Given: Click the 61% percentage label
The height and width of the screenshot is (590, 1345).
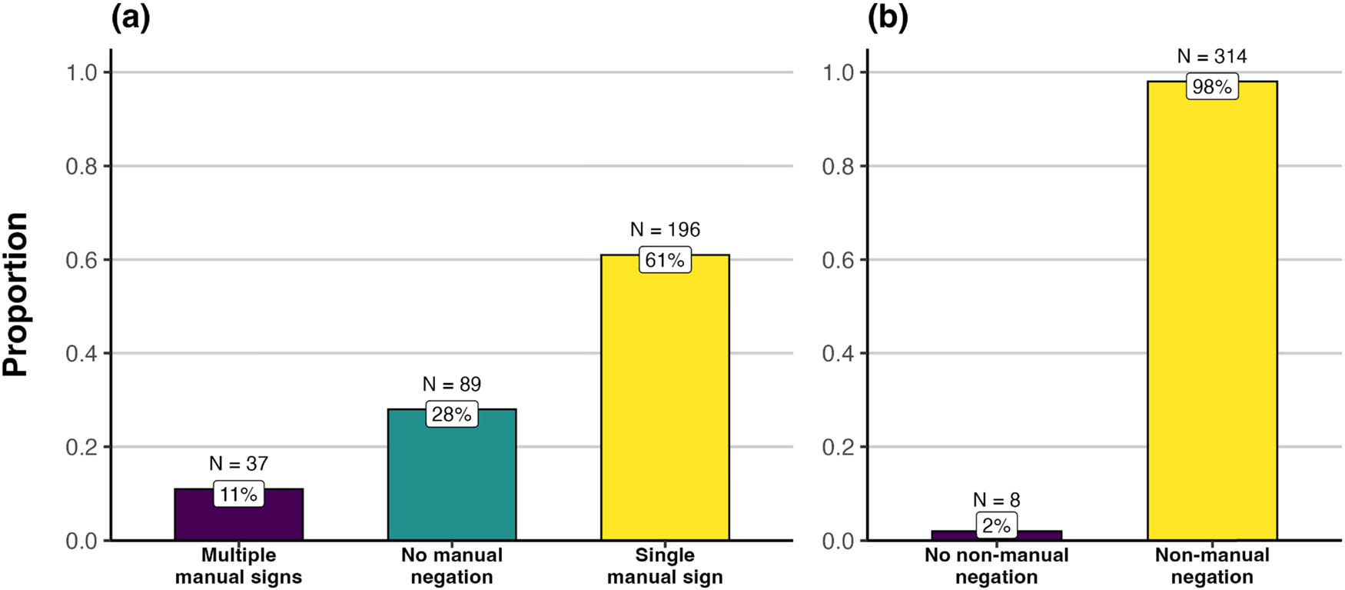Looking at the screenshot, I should (x=665, y=260).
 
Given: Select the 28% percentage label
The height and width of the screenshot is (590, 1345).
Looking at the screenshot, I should (x=452, y=415).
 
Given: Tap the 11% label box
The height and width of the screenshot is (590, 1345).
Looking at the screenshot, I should (x=238, y=494).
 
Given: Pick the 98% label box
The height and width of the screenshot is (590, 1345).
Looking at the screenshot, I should (x=1212, y=87).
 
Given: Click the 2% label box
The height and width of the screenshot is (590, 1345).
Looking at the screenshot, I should (x=996, y=525).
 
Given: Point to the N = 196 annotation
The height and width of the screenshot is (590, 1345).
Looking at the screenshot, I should (x=665, y=229).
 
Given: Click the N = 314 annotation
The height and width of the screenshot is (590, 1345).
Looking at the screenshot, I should (x=1212, y=56).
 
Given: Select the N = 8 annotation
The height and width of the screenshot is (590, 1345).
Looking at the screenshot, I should (x=996, y=500).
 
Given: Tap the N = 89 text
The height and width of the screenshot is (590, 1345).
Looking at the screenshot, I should (x=452, y=384).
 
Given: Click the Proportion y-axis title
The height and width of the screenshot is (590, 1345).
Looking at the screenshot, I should (x=15, y=295).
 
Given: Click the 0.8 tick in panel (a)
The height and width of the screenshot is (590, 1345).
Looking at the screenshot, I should (x=81, y=166).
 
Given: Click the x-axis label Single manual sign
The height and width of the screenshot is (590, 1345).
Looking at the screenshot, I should (x=665, y=566).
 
